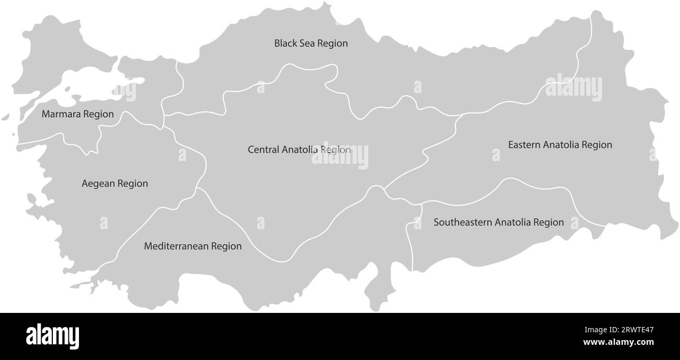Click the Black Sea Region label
(x=311, y=43)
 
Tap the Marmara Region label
(x=77, y=114)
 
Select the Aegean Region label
(x=115, y=184)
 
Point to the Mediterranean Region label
(x=192, y=246)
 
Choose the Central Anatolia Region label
(x=299, y=150)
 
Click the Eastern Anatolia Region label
(x=560, y=144)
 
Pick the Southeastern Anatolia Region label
(x=498, y=222)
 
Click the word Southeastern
(x=463, y=222)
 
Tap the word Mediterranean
(x=175, y=246)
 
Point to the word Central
(x=264, y=150)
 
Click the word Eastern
(x=525, y=144)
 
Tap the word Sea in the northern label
(x=307, y=43)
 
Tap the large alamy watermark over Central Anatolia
(x=340, y=156)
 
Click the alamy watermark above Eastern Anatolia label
(x=573, y=88)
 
